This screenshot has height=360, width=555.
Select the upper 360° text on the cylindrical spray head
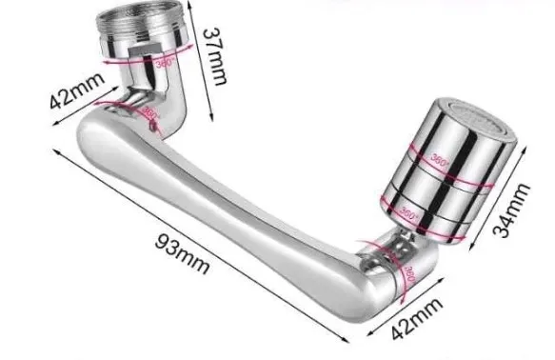point(440,159)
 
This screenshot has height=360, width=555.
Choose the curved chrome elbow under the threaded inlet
point(167,95)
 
